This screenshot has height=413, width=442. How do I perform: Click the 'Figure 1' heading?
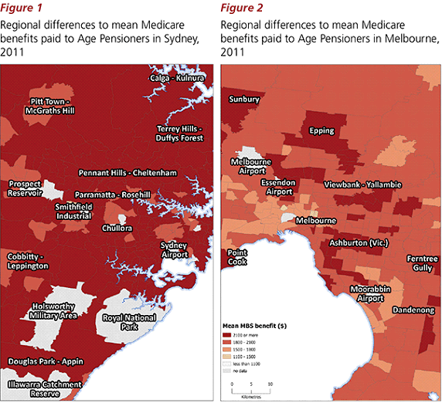pyautogui.click(x=22, y=8)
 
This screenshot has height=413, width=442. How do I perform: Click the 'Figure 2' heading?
pyautogui.click(x=241, y=8)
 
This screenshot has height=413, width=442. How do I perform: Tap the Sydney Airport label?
pyautogui.click(x=173, y=250)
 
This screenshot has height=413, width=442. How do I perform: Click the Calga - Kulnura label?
pyautogui.click(x=177, y=78)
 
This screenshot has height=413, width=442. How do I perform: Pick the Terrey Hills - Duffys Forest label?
pyautogui.click(x=179, y=133)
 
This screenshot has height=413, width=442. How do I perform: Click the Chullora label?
pyautogui.click(x=117, y=229)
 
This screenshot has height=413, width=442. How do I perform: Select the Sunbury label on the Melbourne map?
pyautogui.click(x=244, y=100)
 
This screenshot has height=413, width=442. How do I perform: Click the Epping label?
pyautogui.click(x=321, y=130)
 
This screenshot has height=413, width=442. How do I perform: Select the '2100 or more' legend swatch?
pyautogui.click(x=230, y=335)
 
